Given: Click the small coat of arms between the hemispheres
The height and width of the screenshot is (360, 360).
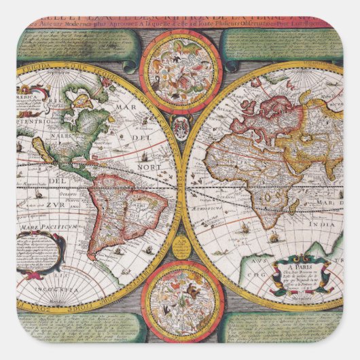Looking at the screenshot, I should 180,126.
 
